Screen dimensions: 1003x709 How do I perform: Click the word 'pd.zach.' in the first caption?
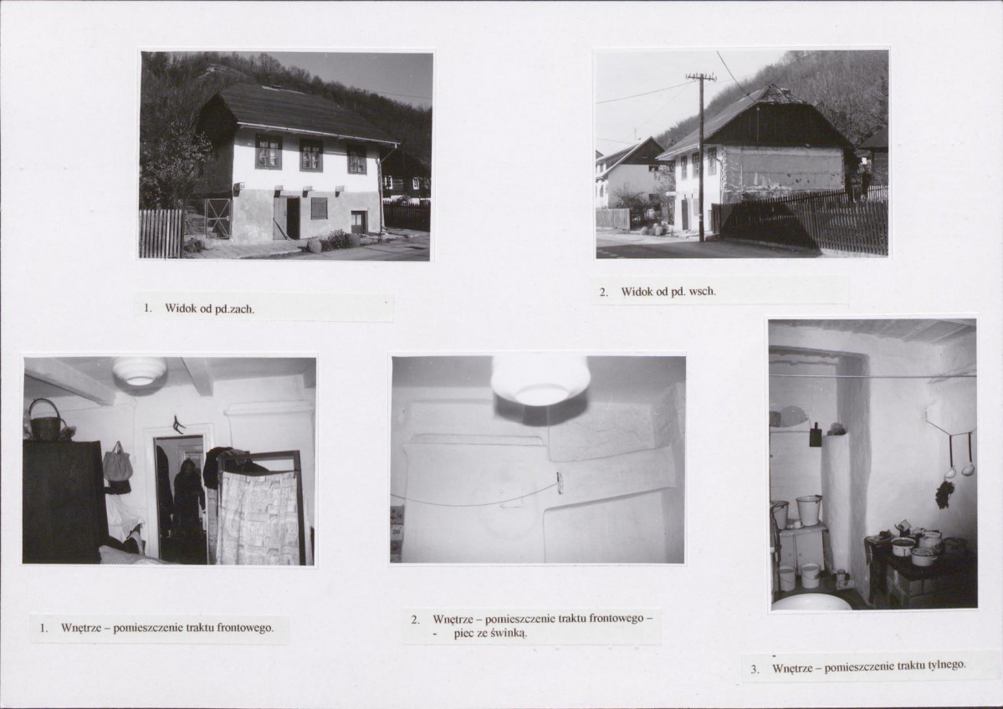click(234, 309)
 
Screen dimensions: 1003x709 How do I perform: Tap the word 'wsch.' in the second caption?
click(703, 292)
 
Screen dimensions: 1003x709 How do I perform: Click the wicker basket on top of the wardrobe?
click(44, 420)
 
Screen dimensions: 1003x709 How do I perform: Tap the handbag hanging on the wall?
click(118, 462)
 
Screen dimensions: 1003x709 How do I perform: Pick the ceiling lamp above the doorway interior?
click(140, 370)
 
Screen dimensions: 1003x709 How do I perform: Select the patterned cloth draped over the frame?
click(258, 518)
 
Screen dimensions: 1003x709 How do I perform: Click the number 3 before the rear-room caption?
click(755, 670)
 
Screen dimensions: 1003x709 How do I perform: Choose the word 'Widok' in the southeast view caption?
click(636, 292)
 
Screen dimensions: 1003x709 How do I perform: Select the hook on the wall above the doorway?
click(177, 424)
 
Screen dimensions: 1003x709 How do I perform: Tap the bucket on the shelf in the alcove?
click(808, 509)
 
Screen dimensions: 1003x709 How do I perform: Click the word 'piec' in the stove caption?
click(465, 634)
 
